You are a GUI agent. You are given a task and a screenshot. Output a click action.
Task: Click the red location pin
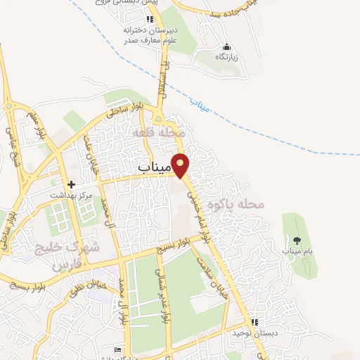coord(181,164)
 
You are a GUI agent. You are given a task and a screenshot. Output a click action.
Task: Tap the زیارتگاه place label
coord(226,56)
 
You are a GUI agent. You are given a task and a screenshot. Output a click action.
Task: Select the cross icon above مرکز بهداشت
coord(72,184)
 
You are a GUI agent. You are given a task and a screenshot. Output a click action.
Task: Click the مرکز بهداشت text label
coord(70,194)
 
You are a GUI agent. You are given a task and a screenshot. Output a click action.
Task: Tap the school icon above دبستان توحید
coord(254,322)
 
